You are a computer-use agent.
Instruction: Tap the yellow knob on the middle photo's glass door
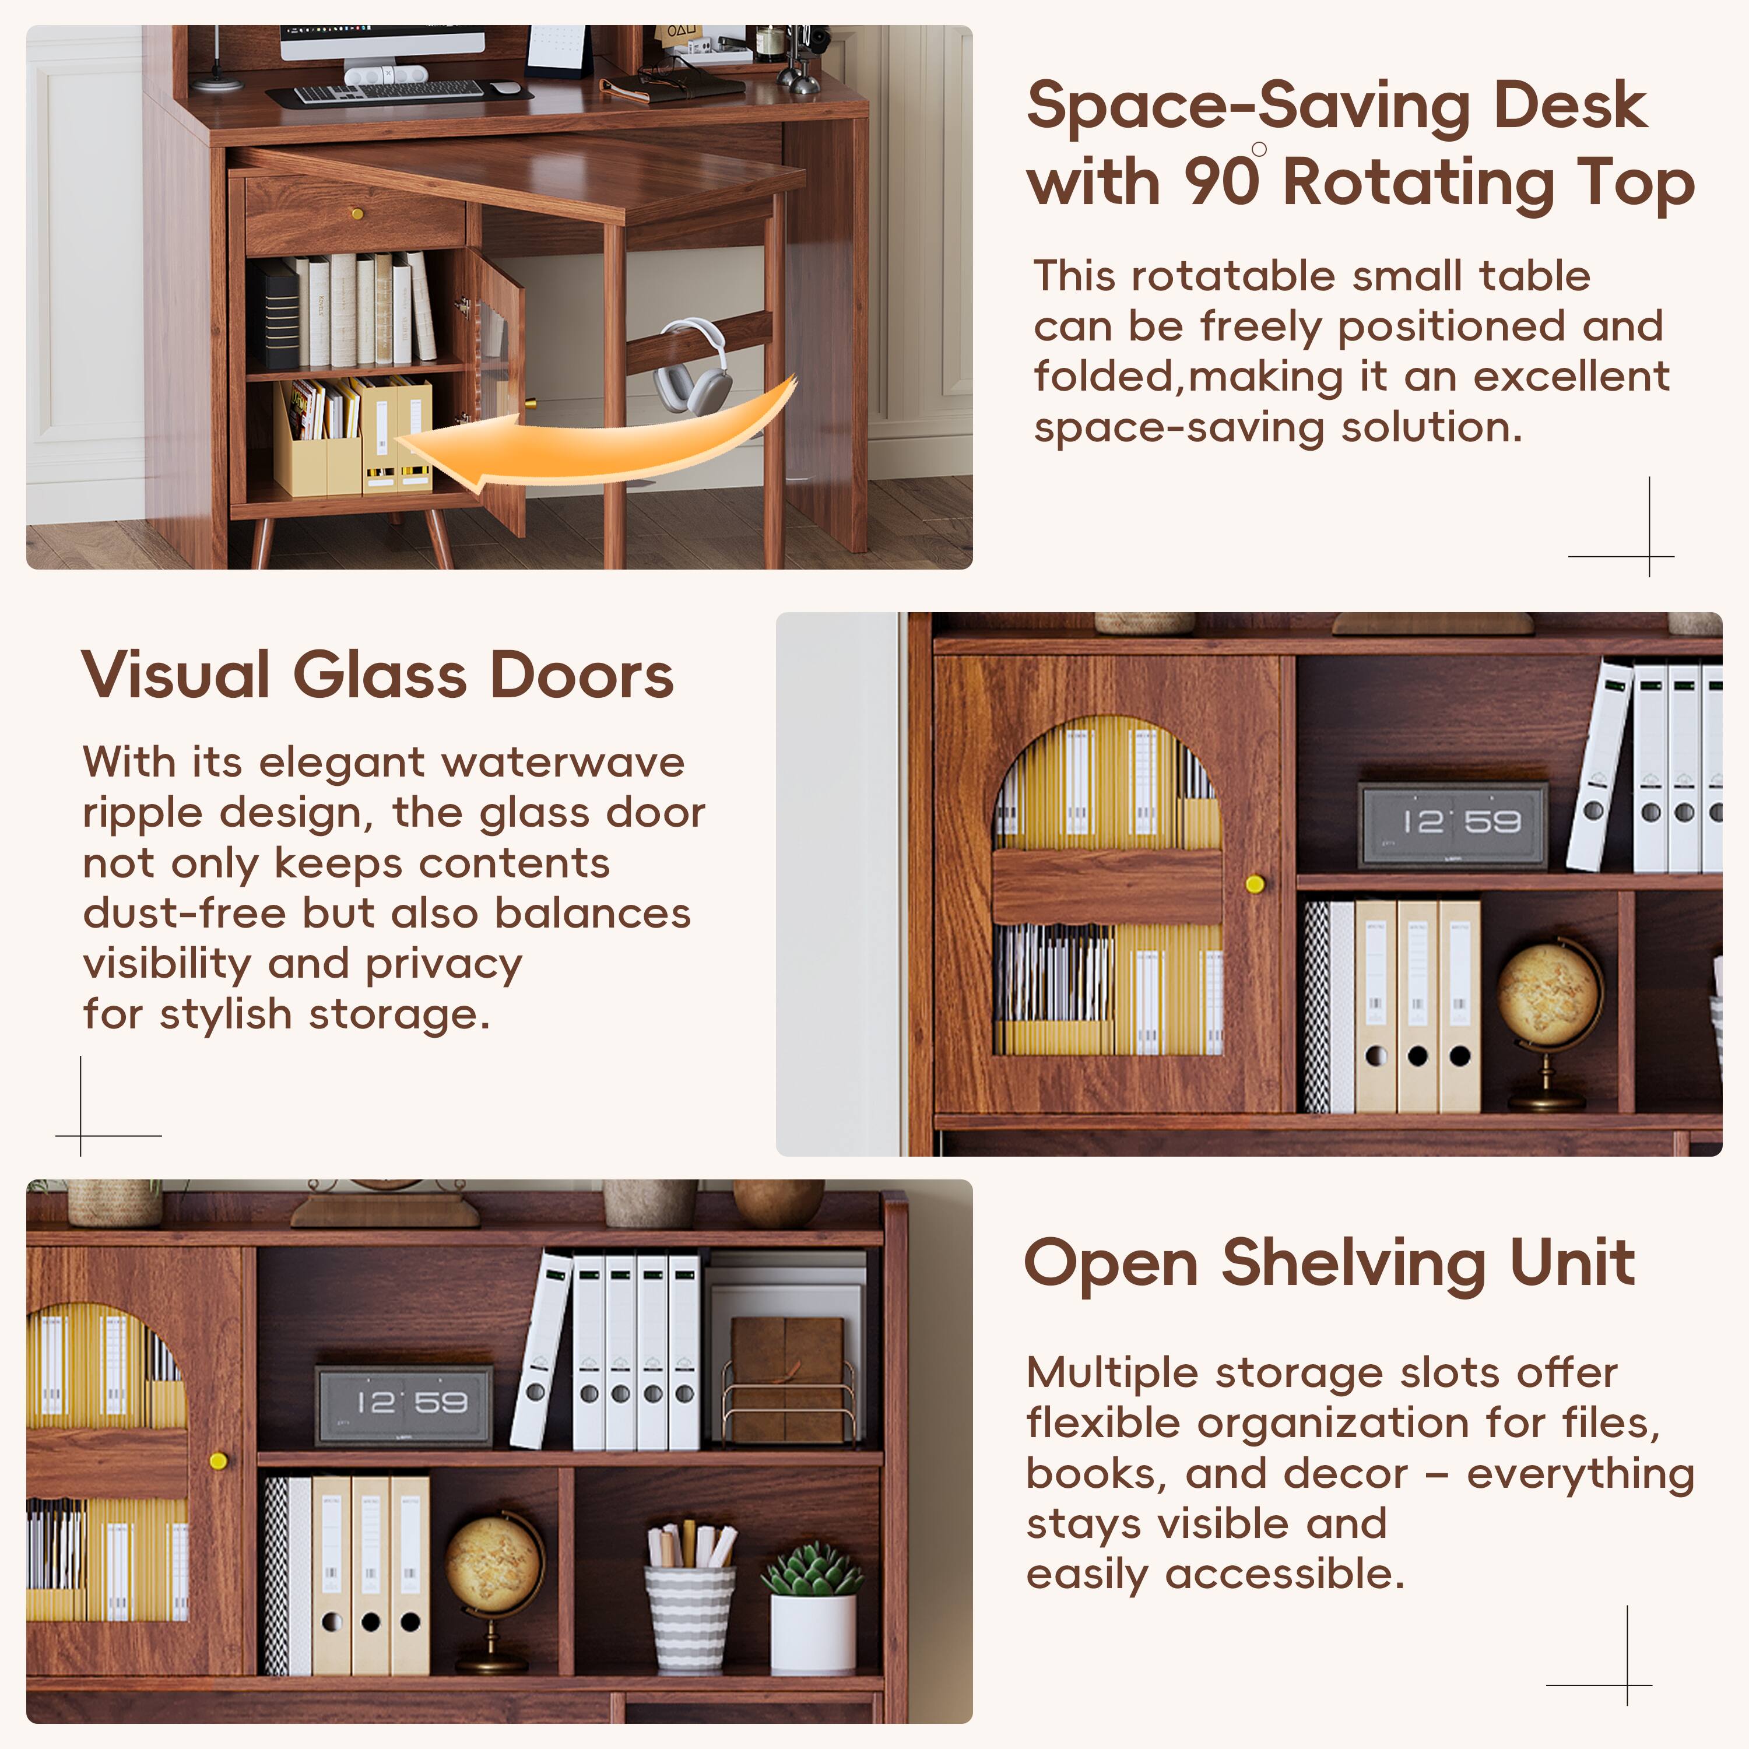(1255, 884)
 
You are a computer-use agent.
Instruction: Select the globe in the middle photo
(1548, 996)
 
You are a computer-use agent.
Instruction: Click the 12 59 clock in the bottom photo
(404, 1405)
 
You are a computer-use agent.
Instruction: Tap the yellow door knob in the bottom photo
(218, 1461)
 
